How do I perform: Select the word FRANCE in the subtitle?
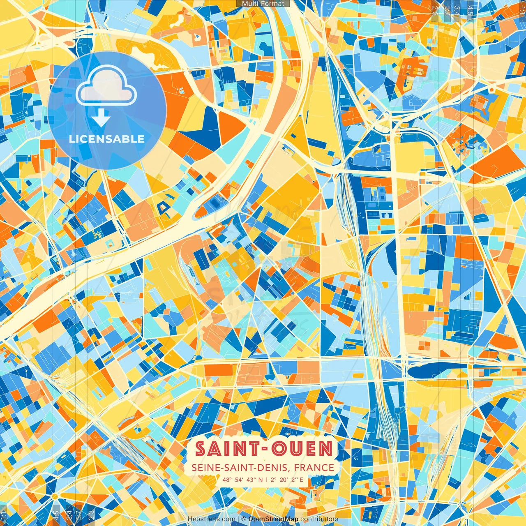(x=314, y=467)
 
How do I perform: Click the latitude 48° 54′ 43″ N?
(x=242, y=479)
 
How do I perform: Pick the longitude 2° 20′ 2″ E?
(x=286, y=479)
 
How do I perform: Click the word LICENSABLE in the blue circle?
(x=107, y=139)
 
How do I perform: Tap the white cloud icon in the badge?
(x=106, y=85)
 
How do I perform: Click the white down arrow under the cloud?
(x=101, y=118)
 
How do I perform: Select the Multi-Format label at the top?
(x=263, y=4)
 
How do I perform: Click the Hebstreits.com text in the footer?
(x=211, y=519)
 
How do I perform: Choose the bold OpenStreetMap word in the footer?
(x=273, y=519)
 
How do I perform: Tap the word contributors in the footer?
(x=319, y=519)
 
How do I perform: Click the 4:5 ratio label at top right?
(x=470, y=9)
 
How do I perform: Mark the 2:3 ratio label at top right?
(x=435, y=9)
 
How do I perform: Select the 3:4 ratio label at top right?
(x=456, y=9)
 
